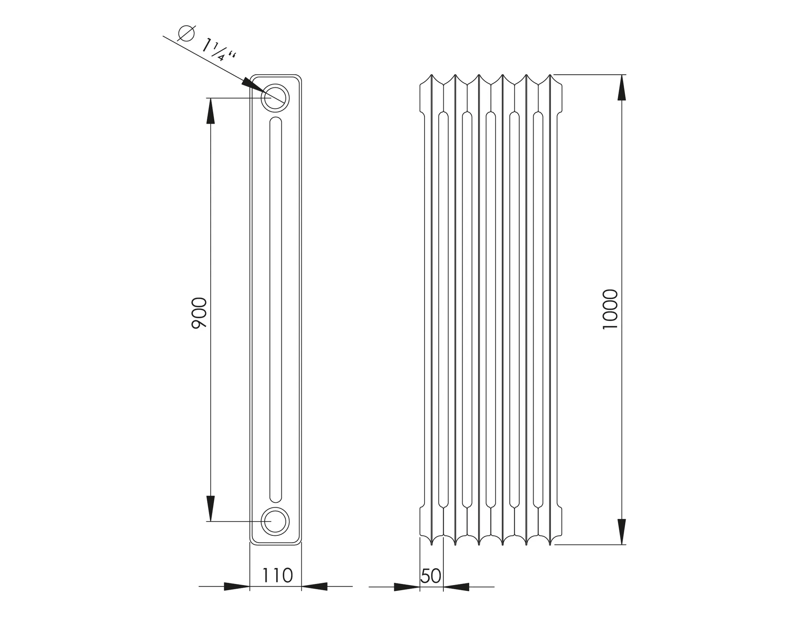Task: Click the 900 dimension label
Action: pos(199,313)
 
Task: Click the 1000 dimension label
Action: pos(610,309)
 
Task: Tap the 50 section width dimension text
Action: pos(431,576)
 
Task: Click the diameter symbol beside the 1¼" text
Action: pos(186,33)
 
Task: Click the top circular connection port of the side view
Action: pos(275,98)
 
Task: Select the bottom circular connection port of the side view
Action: pos(275,522)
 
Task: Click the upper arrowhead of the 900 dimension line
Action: pos(210,111)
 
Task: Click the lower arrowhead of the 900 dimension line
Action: pos(210,508)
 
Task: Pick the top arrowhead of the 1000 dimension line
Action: pos(621,88)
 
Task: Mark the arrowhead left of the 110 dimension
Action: pos(237,587)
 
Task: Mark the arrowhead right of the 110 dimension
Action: pos(315,587)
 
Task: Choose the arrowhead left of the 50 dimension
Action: pos(407,587)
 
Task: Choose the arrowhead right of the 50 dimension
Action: pos(457,587)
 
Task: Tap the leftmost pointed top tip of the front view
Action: pos(431,75)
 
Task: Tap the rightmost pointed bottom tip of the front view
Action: pos(550,544)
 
